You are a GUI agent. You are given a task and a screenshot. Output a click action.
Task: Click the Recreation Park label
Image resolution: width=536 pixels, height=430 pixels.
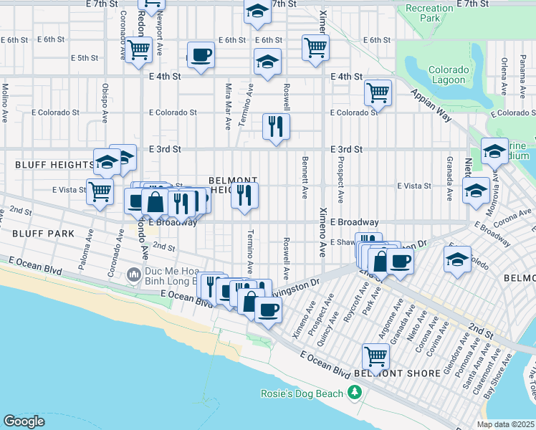click(x=429, y=13)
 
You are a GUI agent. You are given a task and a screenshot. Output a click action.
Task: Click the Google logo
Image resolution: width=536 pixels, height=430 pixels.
click(x=24, y=421)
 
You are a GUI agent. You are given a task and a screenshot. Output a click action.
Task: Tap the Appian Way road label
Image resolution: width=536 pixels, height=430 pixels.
click(x=432, y=108)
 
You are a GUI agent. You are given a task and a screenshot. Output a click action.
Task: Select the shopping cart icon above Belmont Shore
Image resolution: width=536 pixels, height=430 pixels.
click(x=375, y=355)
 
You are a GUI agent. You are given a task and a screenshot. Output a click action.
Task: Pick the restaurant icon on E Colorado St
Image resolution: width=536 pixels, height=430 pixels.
click(x=275, y=126)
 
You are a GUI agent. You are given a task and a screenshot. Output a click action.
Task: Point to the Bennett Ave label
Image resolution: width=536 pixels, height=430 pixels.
click(x=305, y=177)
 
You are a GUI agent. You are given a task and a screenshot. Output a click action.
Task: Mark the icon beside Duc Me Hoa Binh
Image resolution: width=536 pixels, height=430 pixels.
click(x=133, y=274)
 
